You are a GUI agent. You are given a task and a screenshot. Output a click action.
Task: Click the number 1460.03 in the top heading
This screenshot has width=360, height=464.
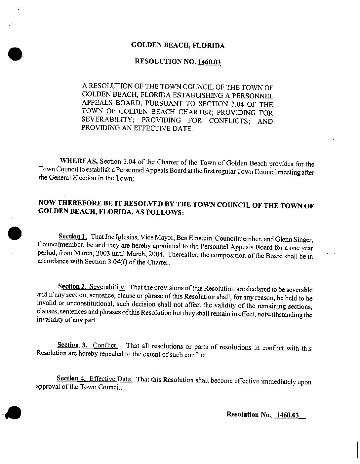click(x=209, y=62)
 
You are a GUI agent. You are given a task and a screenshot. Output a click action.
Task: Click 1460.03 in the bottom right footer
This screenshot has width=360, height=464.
click(x=288, y=415)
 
